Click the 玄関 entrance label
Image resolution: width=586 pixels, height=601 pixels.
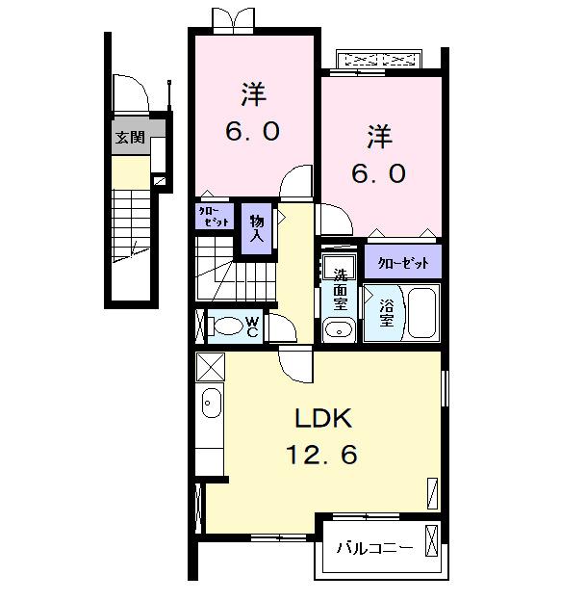pos(130,138)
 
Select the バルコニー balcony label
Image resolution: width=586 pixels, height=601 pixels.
pos(375,549)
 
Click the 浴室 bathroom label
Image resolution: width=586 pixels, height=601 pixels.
pos(387,313)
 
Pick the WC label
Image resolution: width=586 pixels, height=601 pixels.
pos(250,327)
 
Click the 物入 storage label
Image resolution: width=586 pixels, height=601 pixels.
pos(257,226)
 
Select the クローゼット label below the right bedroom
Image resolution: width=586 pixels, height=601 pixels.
pos(402,261)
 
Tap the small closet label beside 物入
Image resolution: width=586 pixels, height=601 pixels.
pos(215,216)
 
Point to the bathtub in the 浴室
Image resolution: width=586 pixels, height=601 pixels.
pos(421,312)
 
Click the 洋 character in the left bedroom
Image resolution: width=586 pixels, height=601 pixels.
pos(253,95)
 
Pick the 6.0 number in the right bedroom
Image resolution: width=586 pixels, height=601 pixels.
pos(377,174)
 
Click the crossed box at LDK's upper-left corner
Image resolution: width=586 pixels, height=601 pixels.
pos(210,368)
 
